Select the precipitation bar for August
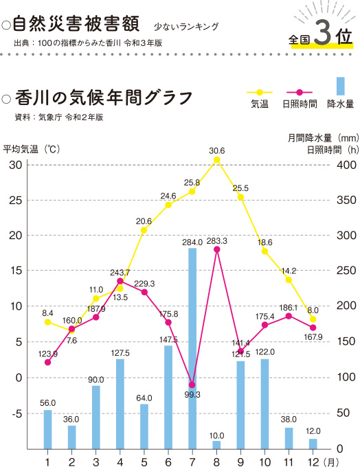click(x=216, y=445)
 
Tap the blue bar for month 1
click(x=47, y=429)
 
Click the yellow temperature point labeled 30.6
click(x=216, y=160)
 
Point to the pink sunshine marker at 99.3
click(x=192, y=385)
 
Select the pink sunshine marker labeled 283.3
click(x=216, y=249)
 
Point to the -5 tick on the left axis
click(x=15, y=413)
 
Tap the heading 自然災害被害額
click(x=76, y=25)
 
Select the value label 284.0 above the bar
click(x=192, y=242)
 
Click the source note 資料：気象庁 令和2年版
click(x=59, y=117)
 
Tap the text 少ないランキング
click(x=186, y=27)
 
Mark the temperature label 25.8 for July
click(x=192, y=183)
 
